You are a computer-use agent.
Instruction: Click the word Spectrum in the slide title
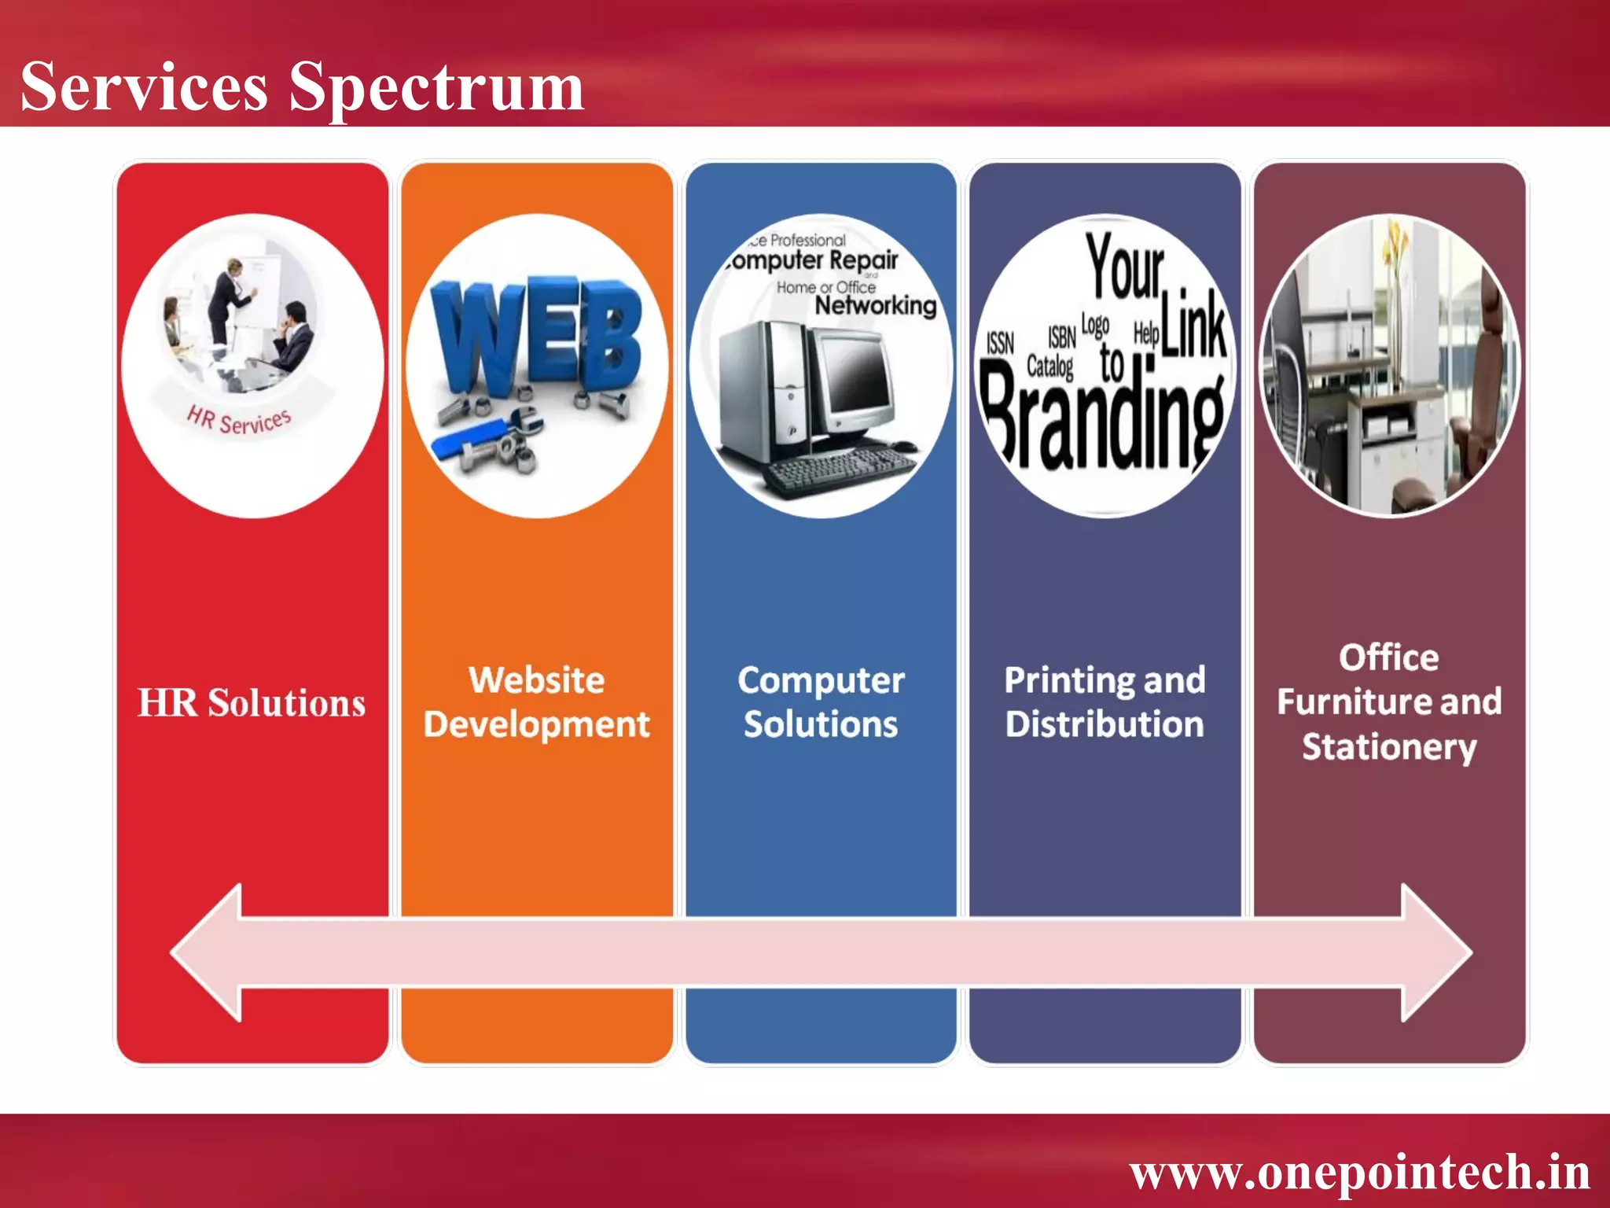[436, 88]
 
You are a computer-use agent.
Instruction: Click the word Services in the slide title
[144, 87]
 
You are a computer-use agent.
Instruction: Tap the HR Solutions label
[252, 702]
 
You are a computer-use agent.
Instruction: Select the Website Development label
[537, 702]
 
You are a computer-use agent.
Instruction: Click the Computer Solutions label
[821, 702]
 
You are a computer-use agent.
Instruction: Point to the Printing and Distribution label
[1105, 702]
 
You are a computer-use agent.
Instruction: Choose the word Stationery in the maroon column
[1389, 746]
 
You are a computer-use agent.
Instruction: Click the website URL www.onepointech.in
[1359, 1172]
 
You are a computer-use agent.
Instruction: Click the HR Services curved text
[240, 420]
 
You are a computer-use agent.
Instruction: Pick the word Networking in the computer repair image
[875, 305]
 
